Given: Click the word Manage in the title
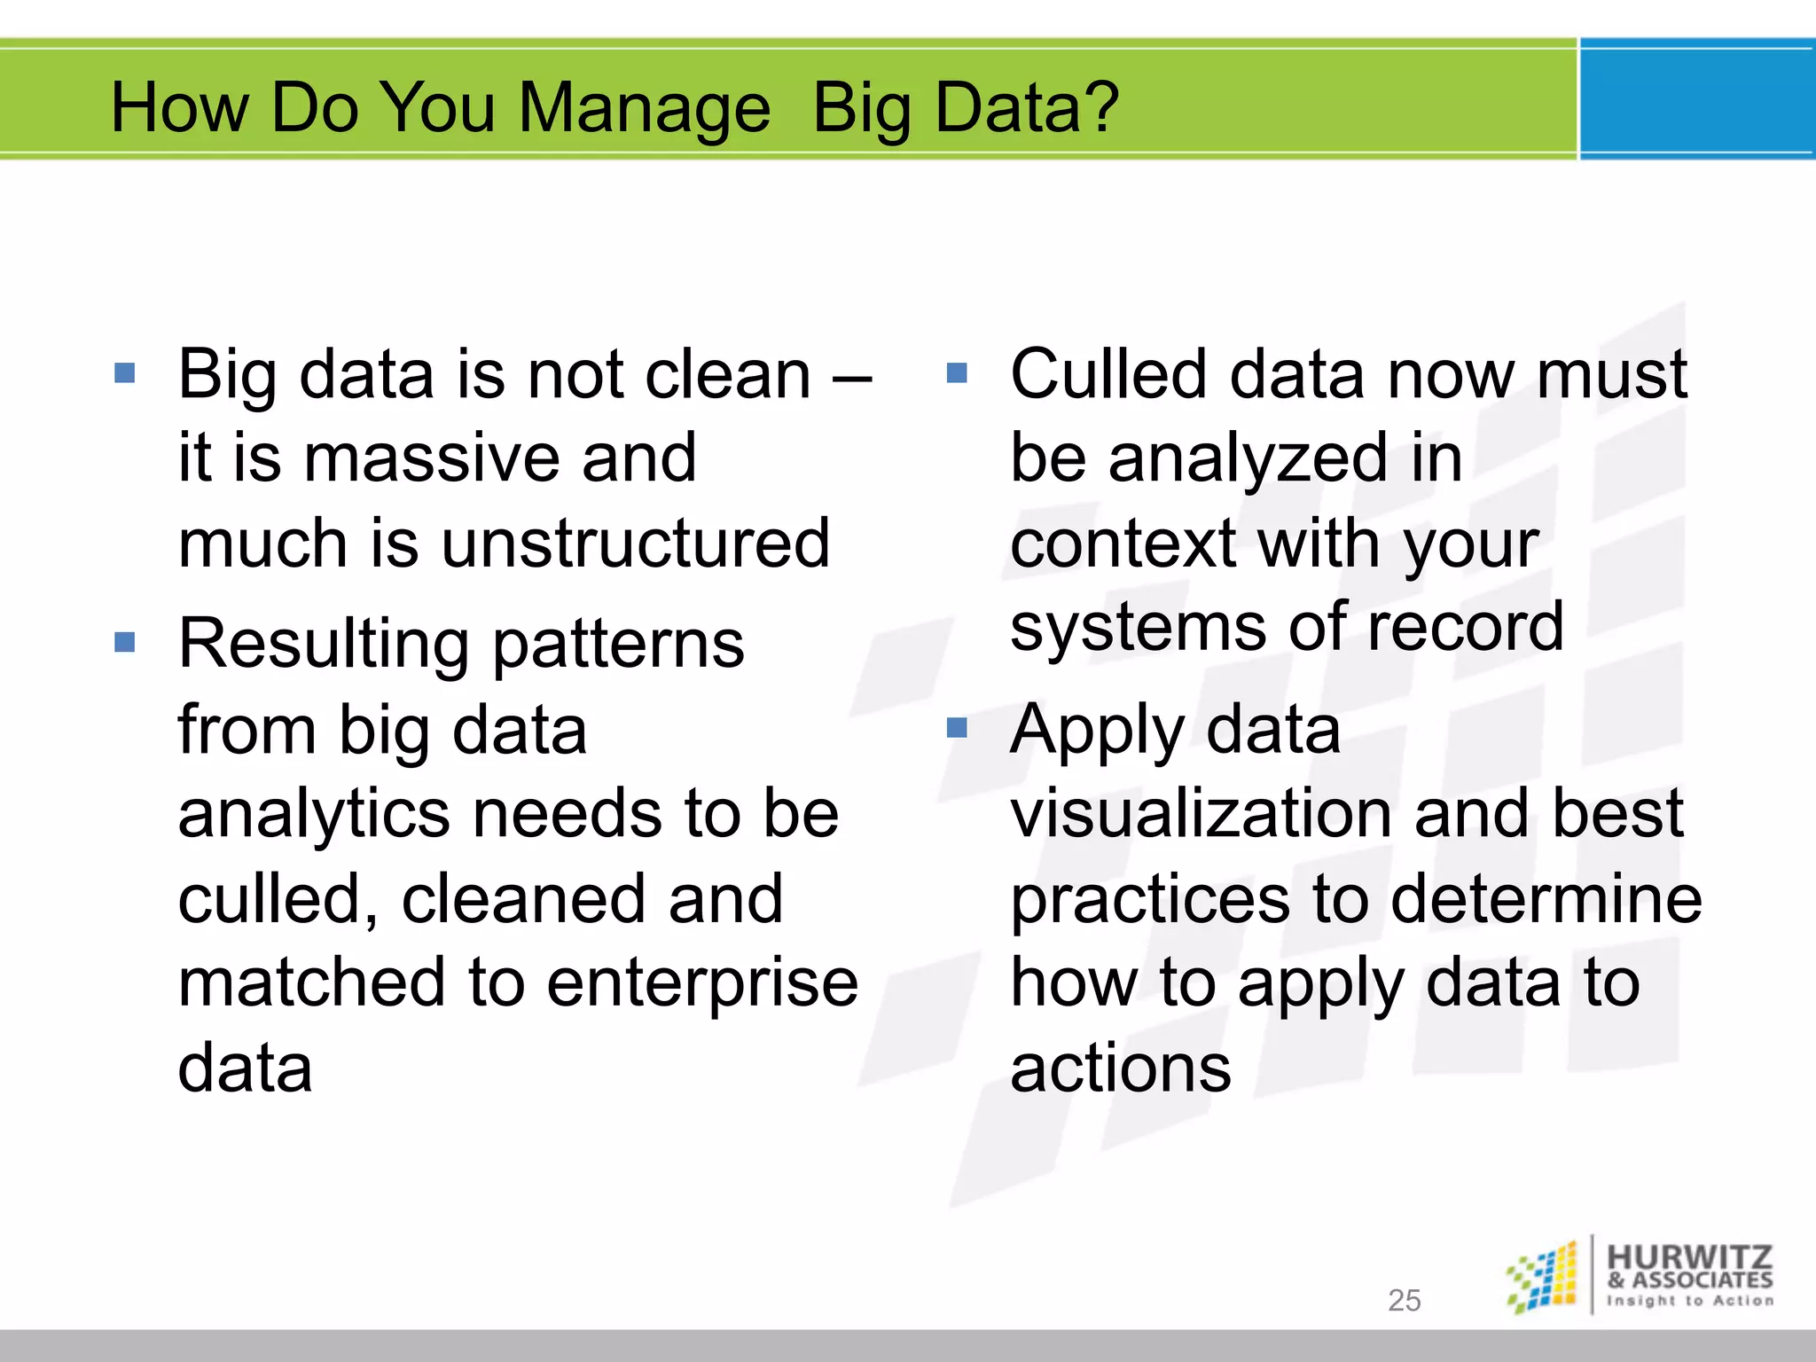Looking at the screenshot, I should click(644, 108).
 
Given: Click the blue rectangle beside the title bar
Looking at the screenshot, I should click(1696, 99).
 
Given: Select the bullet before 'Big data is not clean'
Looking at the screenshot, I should click(125, 372).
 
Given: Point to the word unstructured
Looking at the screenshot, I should click(635, 543).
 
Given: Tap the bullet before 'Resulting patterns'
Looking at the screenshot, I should click(125, 642).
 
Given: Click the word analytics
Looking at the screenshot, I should click(313, 814).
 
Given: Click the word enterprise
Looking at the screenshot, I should click(701, 982).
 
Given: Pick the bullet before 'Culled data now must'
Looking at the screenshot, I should click(957, 372).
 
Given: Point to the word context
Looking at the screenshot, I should click(1123, 543).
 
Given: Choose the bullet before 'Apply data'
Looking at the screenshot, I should click(957, 729).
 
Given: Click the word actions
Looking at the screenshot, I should click(1120, 1068).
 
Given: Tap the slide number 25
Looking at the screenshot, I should click(1404, 1300).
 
